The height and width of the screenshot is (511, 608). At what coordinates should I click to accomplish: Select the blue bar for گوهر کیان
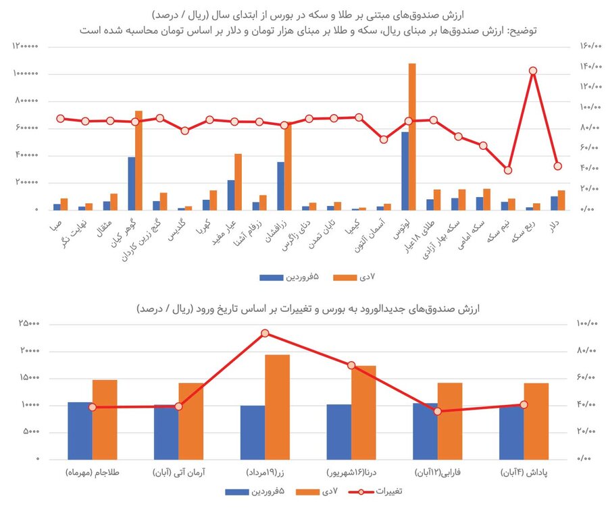tap(132, 184)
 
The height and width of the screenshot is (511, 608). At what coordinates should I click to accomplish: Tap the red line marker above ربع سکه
tap(533, 71)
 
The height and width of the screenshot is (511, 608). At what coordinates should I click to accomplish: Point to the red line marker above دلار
tap(557, 166)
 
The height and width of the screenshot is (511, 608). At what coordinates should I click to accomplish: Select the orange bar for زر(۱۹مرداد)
tap(277, 406)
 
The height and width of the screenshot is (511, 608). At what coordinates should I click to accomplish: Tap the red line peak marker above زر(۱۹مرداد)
tap(265, 333)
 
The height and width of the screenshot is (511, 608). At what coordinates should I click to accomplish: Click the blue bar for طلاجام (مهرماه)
tap(80, 431)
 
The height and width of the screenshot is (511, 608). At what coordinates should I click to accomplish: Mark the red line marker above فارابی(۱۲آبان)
tap(438, 411)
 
